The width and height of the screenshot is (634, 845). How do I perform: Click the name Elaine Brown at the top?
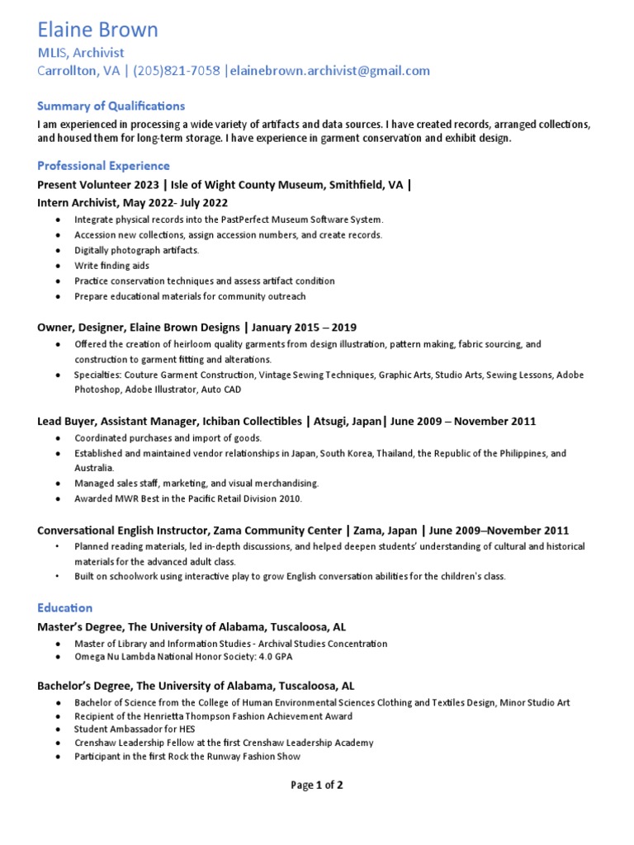[x=97, y=31]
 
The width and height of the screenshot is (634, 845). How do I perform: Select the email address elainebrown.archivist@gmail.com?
[x=331, y=71]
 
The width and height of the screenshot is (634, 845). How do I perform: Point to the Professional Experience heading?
[x=104, y=166]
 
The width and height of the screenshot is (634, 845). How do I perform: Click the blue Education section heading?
[x=65, y=607]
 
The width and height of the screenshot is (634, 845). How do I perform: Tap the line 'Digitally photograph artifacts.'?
[x=136, y=250]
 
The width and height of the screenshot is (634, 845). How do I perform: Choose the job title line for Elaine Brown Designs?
[x=196, y=328]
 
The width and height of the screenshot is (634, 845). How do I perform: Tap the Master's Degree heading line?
[x=196, y=627]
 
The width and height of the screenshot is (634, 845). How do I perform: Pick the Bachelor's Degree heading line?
[x=196, y=686]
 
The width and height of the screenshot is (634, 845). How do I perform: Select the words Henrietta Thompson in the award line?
[x=201, y=715]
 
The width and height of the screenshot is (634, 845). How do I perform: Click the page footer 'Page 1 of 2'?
[x=317, y=785]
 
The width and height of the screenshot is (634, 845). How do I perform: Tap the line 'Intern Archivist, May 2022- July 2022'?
[x=133, y=202]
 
